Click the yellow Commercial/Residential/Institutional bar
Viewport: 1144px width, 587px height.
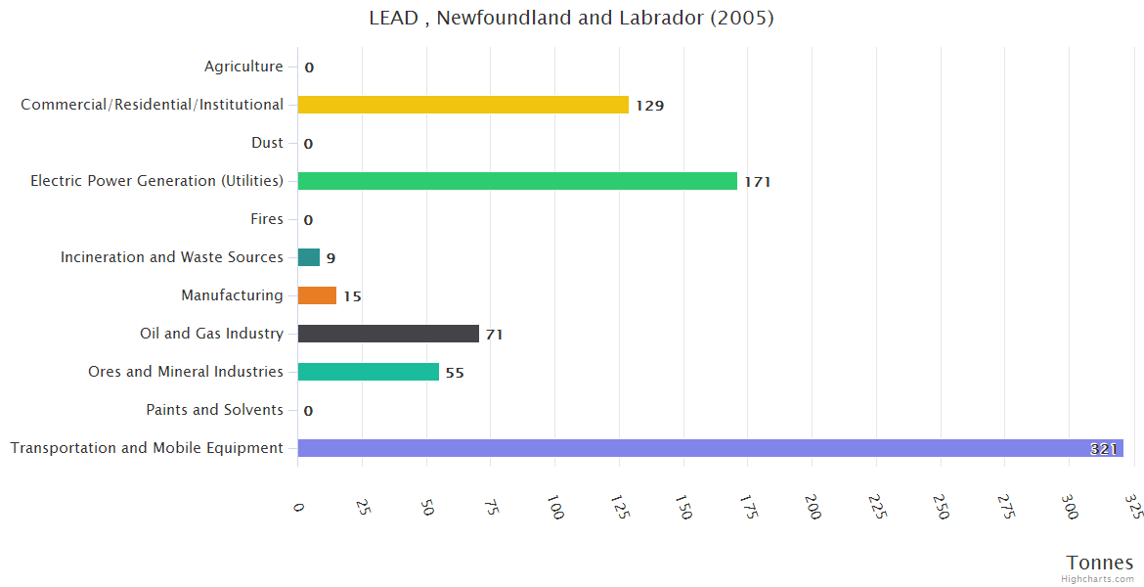click(x=462, y=105)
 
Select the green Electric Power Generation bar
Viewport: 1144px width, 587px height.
click(x=517, y=181)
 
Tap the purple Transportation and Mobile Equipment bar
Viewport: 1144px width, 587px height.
click(x=710, y=448)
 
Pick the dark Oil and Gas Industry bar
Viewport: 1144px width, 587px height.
click(x=388, y=334)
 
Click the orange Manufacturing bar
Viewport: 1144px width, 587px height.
click(x=317, y=295)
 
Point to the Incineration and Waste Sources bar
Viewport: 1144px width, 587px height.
click(x=309, y=257)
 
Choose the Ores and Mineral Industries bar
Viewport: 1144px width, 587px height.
click(x=369, y=372)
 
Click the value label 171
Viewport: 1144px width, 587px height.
click(x=758, y=182)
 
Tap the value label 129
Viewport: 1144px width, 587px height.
click(x=650, y=106)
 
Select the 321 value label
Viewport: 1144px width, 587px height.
click(x=1104, y=449)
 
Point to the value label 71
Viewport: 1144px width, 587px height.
click(x=494, y=335)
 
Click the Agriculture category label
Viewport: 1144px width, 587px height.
click(x=243, y=67)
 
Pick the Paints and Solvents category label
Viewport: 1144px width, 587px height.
click(x=215, y=410)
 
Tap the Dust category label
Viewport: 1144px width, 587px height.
click(x=267, y=143)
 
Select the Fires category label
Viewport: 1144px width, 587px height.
click(x=267, y=219)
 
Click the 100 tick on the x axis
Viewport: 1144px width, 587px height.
click(x=555, y=509)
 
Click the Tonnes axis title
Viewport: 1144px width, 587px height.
click(x=1100, y=563)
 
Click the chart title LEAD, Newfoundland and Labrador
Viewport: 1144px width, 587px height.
click(x=571, y=18)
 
